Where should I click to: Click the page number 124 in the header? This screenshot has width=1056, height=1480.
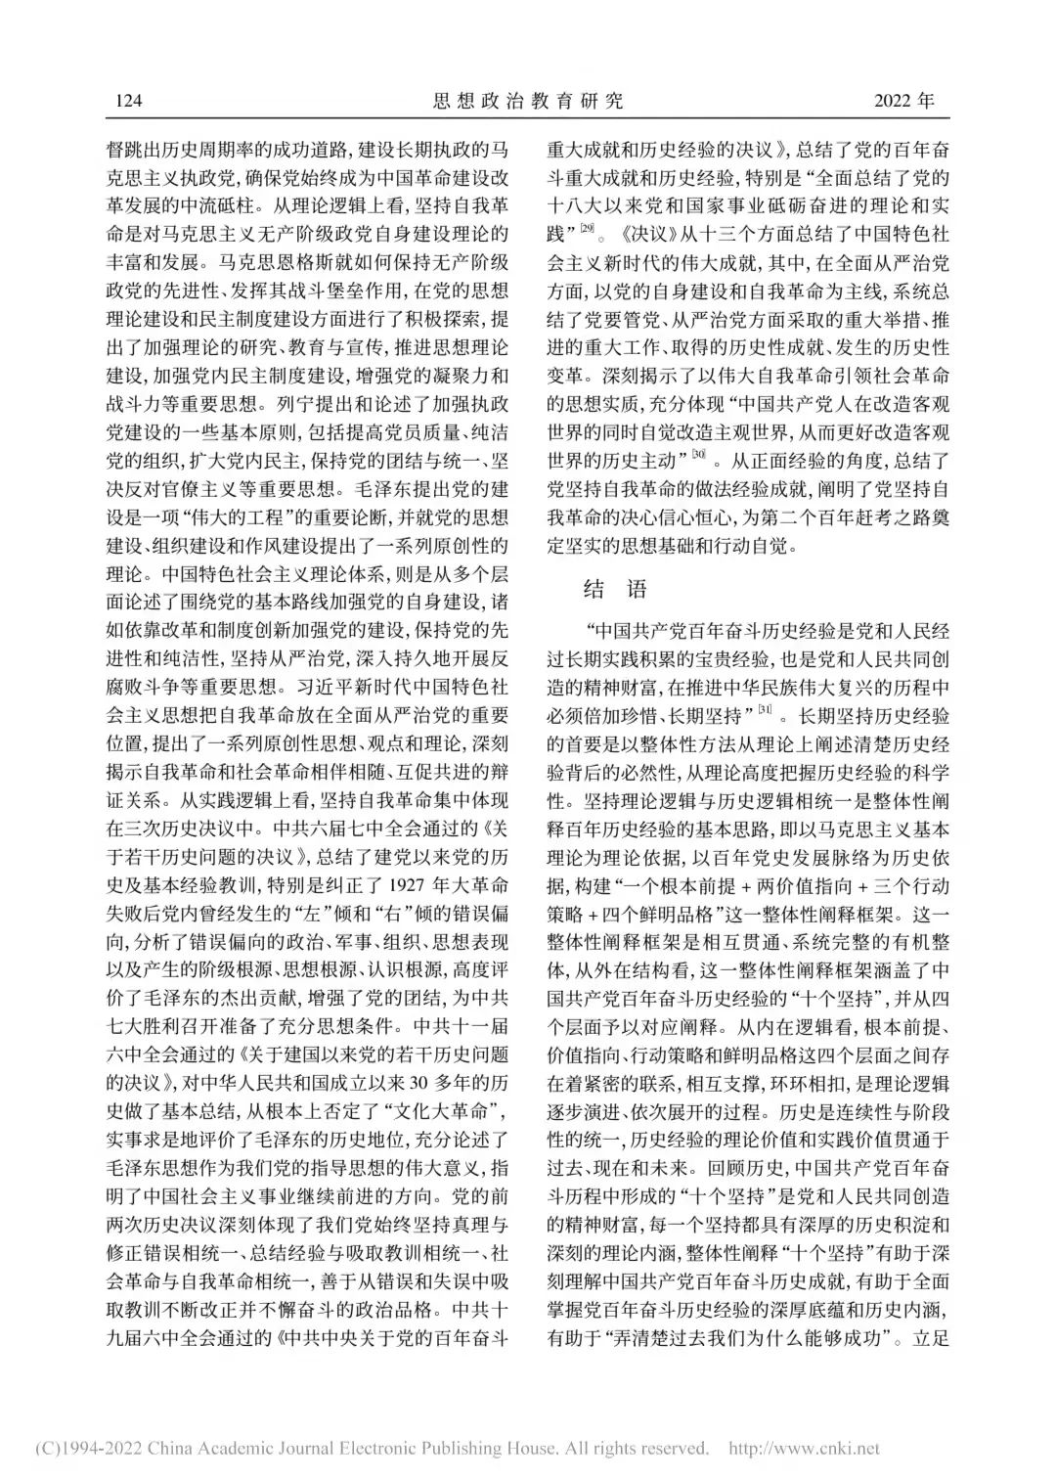click(x=130, y=101)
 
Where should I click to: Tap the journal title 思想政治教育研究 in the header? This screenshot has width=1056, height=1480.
click(x=527, y=101)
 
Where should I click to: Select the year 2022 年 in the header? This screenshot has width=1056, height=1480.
click(x=903, y=101)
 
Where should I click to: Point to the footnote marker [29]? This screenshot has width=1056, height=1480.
click(x=586, y=230)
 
